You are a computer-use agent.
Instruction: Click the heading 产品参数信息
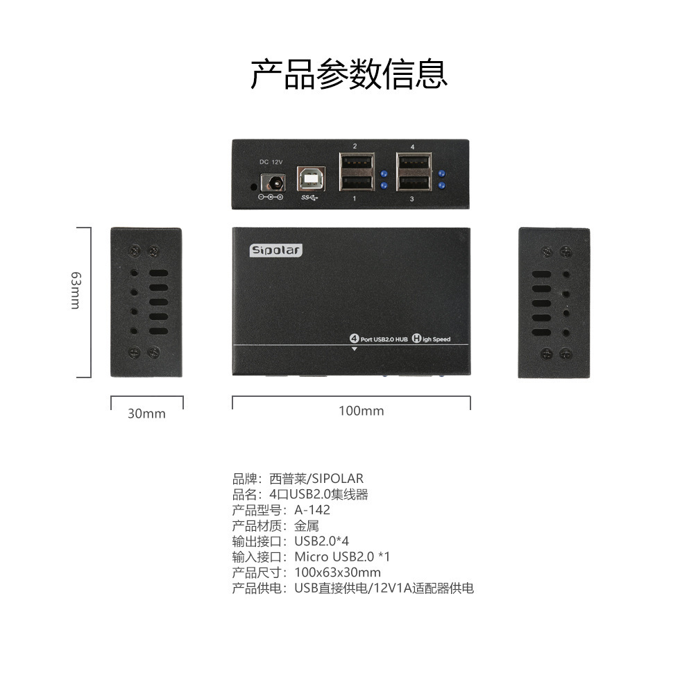[348, 75]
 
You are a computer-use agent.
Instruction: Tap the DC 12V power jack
[271, 182]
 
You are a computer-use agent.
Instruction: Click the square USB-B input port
[309, 179]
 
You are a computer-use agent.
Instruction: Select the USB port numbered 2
[355, 165]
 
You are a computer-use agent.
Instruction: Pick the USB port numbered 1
[355, 182]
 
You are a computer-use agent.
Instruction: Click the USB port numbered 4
[413, 165]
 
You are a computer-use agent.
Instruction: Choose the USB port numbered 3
[413, 182]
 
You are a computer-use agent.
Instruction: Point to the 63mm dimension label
[76, 290]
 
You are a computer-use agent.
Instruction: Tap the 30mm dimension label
[146, 414]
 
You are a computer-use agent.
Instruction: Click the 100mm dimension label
[361, 411]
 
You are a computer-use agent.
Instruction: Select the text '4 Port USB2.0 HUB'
[379, 339]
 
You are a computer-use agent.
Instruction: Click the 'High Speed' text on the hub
[431, 339]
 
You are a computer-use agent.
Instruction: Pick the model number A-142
[312, 510]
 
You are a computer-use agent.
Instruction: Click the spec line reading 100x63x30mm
[337, 572]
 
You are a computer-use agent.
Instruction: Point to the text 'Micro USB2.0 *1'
[342, 556]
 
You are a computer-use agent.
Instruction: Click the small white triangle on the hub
[354, 349]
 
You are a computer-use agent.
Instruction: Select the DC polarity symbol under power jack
[270, 198]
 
